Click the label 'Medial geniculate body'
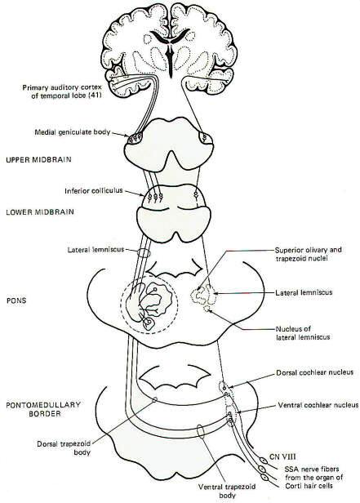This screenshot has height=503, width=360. [73, 131]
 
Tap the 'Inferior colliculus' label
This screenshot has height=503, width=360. [94, 191]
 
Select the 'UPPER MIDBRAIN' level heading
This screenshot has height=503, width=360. [39, 159]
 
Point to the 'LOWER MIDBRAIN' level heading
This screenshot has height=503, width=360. [40, 212]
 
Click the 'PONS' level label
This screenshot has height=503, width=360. [16, 300]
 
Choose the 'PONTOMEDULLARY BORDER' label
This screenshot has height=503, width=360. [43, 409]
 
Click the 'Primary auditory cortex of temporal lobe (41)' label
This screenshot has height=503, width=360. [62, 91]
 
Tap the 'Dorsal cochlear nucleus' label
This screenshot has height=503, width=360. [315, 372]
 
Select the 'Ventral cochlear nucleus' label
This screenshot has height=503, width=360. [318, 405]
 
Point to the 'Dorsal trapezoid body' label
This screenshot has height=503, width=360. [64, 448]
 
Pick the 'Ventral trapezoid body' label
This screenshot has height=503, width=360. [227, 491]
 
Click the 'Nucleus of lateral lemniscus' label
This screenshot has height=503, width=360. [303, 333]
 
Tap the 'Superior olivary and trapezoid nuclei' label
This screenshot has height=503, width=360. [309, 254]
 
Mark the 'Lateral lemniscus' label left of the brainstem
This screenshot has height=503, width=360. [96, 250]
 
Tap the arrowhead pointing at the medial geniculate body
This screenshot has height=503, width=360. [126, 136]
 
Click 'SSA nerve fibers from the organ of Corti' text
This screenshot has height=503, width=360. [313, 478]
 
